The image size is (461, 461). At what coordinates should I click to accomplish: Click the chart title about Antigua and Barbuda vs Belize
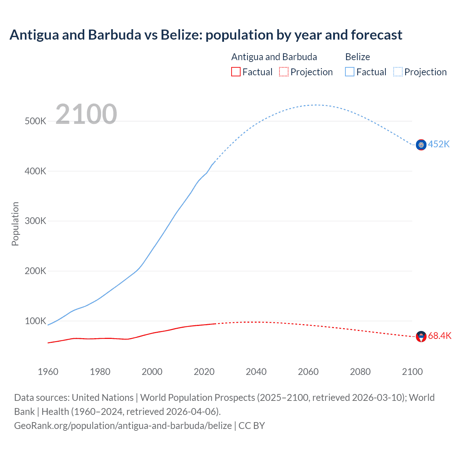[206, 35]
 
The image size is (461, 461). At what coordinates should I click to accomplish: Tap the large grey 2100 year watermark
[86, 114]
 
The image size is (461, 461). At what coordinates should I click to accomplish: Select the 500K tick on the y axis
[35, 121]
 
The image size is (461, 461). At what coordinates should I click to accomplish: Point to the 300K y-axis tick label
[35, 221]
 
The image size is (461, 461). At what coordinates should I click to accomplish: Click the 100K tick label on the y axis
[35, 321]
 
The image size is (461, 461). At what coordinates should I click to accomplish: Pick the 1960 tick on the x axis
[48, 372]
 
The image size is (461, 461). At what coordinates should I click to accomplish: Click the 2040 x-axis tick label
[256, 372]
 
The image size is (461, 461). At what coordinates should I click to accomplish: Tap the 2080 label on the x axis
[360, 372]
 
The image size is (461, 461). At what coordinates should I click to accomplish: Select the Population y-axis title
[15, 224]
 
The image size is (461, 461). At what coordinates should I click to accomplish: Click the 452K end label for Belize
[439, 144]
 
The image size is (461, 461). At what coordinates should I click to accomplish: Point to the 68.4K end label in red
[439, 336]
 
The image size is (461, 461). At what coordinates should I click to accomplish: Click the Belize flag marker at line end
[421, 145]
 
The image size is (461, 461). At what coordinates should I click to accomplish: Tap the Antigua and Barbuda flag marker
[421, 337]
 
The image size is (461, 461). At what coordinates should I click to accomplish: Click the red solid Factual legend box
[236, 72]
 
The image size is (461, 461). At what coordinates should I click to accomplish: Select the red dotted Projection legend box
[284, 72]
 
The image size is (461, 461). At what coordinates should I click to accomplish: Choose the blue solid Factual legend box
[350, 72]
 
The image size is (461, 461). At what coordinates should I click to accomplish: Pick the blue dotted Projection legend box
[398, 72]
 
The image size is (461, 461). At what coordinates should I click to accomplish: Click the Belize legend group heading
[357, 57]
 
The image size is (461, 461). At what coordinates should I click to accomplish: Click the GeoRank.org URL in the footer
[123, 425]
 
